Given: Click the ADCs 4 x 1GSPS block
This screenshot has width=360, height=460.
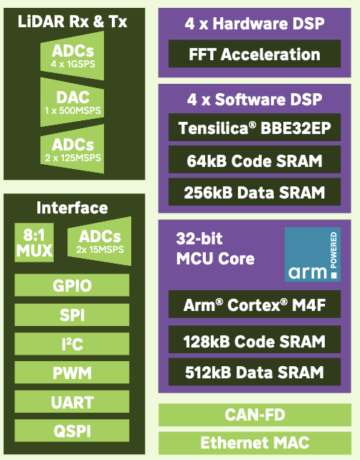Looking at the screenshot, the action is click(72, 56).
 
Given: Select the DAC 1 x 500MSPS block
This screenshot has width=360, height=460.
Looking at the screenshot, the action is click(72, 102).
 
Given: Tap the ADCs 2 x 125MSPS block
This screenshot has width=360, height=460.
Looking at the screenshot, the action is click(72, 149).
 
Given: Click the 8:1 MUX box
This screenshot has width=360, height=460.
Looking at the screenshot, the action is click(34, 243).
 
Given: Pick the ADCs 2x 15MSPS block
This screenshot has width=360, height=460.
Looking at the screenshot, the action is click(100, 241).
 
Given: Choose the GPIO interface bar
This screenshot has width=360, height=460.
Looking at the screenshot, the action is click(72, 285).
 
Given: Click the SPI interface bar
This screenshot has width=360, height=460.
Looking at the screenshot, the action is click(72, 315).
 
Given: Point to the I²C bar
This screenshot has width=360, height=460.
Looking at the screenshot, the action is click(72, 344).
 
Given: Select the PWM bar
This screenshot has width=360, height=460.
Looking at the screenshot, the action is click(72, 373).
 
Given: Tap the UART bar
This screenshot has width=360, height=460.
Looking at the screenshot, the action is click(72, 402).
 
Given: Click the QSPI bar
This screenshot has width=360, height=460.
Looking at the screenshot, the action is click(72, 431).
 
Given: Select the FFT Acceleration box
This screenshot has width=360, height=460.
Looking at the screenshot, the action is click(255, 54).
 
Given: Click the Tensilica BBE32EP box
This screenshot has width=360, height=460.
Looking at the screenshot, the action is click(255, 128).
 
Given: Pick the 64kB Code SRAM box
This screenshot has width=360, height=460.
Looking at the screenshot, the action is click(255, 160).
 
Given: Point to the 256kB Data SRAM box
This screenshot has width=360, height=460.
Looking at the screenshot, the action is click(255, 192).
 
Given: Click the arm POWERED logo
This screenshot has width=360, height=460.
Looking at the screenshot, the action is click(313, 254).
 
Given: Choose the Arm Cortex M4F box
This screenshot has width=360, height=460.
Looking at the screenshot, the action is click(255, 305).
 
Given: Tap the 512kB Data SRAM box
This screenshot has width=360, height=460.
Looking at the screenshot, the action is click(255, 372).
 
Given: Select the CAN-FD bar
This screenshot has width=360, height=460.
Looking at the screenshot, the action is click(255, 415).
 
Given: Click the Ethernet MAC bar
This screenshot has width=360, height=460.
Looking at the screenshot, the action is click(255, 443).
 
